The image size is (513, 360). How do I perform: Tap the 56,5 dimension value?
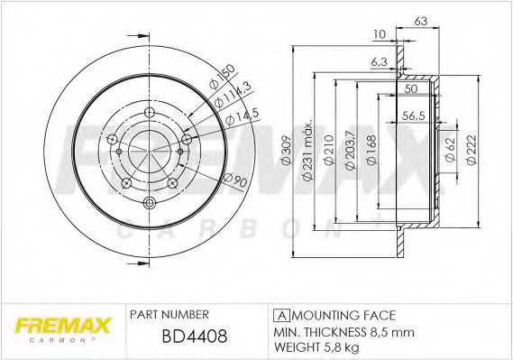click(x=413, y=115)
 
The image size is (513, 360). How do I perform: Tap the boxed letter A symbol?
click(x=279, y=315)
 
